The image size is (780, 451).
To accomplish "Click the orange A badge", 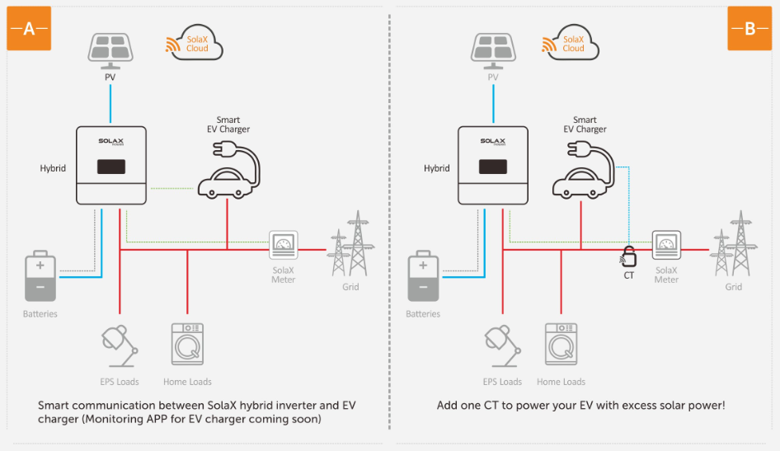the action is click(x=29, y=28).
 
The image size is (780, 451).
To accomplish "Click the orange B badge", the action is click(x=749, y=28).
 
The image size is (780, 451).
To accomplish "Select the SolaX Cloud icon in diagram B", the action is click(x=571, y=43).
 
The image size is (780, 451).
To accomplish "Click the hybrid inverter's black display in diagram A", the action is click(x=111, y=167).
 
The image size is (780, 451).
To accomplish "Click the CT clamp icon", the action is click(x=629, y=256).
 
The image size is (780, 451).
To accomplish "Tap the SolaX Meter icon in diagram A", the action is click(x=284, y=245).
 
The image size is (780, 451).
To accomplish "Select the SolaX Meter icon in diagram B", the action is click(x=666, y=245).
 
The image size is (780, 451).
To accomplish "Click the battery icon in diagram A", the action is click(x=40, y=276).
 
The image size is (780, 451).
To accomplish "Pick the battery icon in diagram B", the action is click(x=423, y=276).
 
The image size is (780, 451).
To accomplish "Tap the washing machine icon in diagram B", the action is click(x=562, y=344).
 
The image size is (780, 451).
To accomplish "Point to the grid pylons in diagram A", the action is click(x=350, y=244).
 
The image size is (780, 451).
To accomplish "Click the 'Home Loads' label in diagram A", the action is click(x=187, y=382).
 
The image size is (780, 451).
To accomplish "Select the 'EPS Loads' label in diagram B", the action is click(x=502, y=382).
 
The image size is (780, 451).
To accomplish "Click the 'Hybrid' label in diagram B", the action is click(x=437, y=168).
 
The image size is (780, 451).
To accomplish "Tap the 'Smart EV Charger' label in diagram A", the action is click(x=228, y=124).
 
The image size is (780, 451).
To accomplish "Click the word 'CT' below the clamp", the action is click(x=629, y=275).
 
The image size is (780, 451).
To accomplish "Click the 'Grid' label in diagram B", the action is click(x=734, y=287).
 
